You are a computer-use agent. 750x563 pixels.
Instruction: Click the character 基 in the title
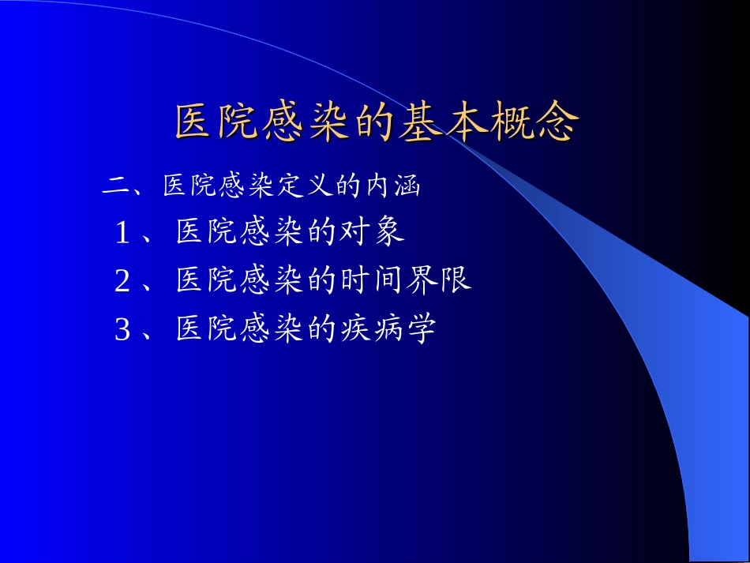(x=423, y=122)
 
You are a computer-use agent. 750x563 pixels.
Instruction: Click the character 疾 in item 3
(x=355, y=329)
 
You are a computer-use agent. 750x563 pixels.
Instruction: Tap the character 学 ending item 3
(x=422, y=329)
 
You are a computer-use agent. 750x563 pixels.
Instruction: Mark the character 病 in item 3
(x=388, y=329)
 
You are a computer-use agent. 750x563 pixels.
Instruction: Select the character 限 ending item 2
(x=456, y=281)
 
